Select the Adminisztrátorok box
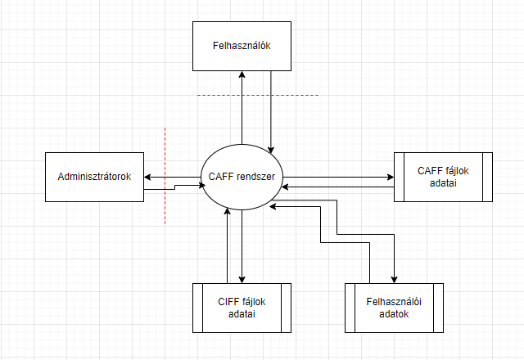[x=94, y=177]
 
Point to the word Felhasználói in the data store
[x=395, y=302]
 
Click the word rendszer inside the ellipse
[x=257, y=177]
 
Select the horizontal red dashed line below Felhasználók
[x=257, y=96]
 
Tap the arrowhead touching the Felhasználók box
[x=242, y=74]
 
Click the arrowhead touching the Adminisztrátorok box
[x=147, y=176]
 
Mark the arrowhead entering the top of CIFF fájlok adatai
[x=242, y=279]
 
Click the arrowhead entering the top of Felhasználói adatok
[x=394, y=279]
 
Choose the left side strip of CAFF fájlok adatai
[x=398, y=177]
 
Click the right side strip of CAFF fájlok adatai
[x=486, y=177]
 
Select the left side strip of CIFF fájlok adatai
[x=196, y=308]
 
